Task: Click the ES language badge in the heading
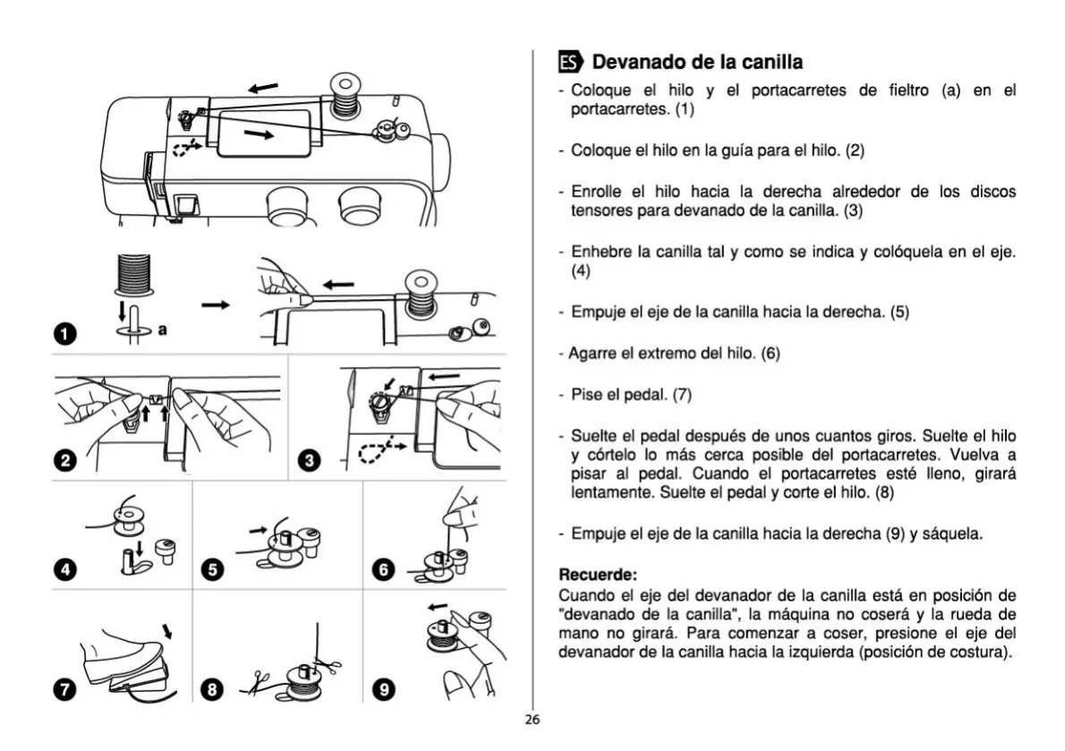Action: (x=570, y=63)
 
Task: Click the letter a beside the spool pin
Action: (x=163, y=330)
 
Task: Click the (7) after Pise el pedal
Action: (x=683, y=394)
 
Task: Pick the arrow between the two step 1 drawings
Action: (x=215, y=305)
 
